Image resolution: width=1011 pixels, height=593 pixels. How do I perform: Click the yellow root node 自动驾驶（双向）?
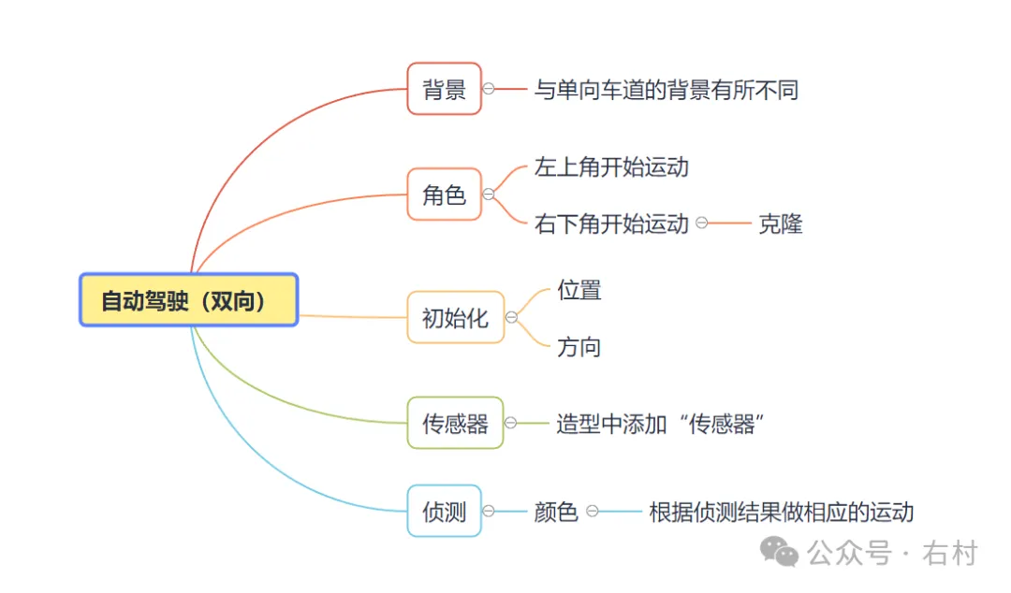(188, 300)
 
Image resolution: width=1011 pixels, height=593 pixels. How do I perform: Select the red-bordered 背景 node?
(444, 89)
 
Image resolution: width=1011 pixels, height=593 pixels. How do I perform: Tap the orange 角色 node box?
(444, 195)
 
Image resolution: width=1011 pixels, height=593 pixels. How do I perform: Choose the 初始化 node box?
(455, 317)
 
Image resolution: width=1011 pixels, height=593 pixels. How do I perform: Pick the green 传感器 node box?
(455, 423)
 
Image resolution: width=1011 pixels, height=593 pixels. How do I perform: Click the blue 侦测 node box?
(444, 511)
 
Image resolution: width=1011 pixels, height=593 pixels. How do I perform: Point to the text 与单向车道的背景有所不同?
(666, 90)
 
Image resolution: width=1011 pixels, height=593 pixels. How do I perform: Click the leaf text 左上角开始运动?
(611, 167)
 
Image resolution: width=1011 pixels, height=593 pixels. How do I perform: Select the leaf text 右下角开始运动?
(611, 224)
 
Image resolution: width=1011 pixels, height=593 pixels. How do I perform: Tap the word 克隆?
(780, 224)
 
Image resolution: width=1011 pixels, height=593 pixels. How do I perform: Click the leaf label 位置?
(579, 290)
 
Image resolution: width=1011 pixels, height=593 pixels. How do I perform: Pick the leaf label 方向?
(579, 347)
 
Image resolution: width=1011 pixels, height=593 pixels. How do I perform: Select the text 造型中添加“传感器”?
(661, 424)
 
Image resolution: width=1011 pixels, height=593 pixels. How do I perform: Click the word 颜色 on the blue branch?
(555, 512)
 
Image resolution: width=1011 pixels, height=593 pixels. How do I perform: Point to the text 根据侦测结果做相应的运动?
(781, 512)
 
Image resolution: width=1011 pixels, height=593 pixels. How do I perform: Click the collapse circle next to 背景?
(489, 89)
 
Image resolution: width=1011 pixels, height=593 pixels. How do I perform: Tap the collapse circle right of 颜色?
(593, 512)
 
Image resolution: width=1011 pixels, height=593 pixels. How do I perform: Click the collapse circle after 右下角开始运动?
(701, 224)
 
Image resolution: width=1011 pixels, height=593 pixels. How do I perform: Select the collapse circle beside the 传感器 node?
(510, 423)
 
